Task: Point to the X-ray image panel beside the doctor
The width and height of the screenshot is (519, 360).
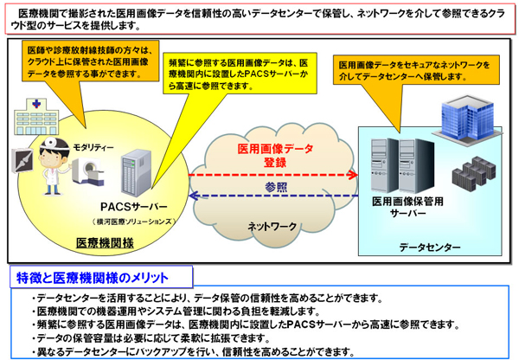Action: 22,162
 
